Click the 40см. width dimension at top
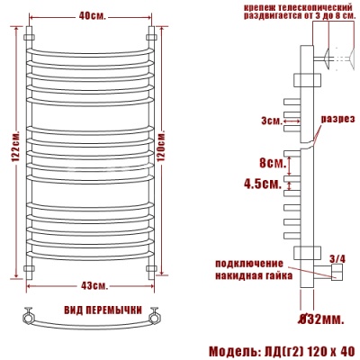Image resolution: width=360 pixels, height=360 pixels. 90,15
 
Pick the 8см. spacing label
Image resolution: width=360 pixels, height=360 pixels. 272,164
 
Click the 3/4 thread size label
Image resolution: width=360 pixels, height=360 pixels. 338,259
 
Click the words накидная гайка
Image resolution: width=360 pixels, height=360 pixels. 253,275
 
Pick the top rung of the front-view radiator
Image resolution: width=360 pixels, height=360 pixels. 90,45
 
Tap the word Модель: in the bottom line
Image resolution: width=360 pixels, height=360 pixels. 233,349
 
